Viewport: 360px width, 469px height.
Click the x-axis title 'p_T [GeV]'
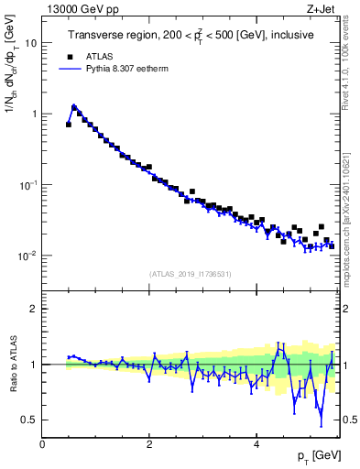pos(317,455)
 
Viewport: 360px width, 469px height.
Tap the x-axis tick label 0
pos(42,443)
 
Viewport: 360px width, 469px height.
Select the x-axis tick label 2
pos(149,443)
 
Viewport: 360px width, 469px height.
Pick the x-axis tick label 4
pos(256,443)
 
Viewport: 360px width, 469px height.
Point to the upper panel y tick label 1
pos(33,114)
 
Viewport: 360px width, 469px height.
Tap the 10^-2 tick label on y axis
pos(27,256)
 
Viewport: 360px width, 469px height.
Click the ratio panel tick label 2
pos(34,309)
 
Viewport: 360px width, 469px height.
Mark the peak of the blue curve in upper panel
pos(74,106)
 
